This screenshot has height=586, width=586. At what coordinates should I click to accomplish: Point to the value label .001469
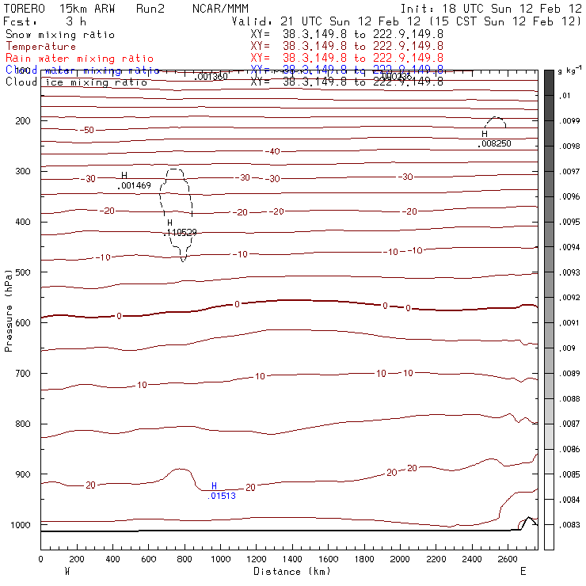click(134, 185)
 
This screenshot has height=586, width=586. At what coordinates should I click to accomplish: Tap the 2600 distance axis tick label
click(507, 558)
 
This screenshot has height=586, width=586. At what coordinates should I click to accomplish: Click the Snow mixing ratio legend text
click(59, 35)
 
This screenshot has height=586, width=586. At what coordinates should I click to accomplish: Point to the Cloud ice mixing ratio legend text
click(76, 82)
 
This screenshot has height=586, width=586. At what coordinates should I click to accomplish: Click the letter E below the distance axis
click(523, 570)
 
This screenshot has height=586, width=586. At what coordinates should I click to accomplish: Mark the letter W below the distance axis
click(67, 570)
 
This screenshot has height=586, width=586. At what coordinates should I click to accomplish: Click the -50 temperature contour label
click(87, 130)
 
